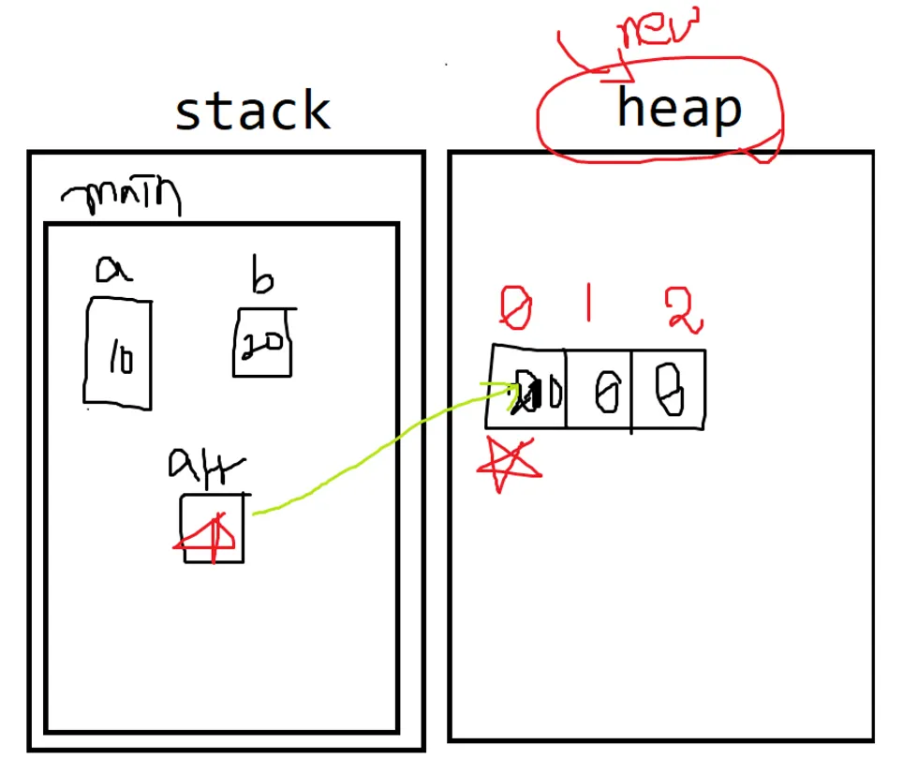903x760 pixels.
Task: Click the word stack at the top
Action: tap(253, 112)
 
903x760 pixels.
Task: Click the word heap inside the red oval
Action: tap(678, 109)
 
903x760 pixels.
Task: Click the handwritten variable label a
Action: tap(114, 270)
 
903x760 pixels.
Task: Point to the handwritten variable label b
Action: tap(259, 278)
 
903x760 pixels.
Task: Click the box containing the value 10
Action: tap(119, 353)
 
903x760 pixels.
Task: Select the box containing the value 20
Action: tap(263, 342)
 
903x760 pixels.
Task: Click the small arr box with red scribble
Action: tap(214, 529)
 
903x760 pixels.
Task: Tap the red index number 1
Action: tap(589, 305)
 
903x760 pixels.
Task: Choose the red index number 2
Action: tap(683, 309)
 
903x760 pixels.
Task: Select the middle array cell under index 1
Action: tap(600, 391)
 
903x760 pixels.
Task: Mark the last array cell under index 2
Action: tap(668, 390)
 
